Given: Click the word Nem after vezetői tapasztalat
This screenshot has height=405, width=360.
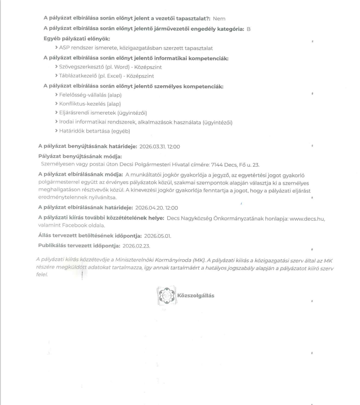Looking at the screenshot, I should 219,18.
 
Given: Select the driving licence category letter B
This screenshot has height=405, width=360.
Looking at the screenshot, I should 248,29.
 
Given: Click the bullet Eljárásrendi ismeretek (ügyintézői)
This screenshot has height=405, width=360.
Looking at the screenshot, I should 101,113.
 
